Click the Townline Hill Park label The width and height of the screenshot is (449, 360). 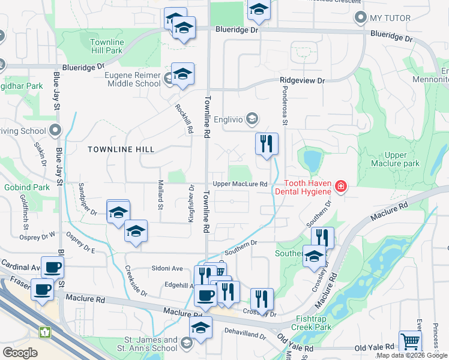(x=106, y=47)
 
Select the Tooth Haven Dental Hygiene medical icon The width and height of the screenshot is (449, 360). (x=341, y=187)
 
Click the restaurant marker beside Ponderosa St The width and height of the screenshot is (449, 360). (x=267, y=144)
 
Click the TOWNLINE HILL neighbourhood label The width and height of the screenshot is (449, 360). (x=121, y=149)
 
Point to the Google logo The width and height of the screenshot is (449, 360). (x=19, y=352)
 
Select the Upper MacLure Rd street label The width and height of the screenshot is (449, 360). (x=239, y=184)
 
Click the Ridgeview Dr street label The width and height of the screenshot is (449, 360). (x=302, y=80)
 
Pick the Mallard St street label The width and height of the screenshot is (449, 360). (x=160, y=195)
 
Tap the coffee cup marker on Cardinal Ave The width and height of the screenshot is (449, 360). (x=52, y=267)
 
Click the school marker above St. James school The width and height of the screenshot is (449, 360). (x=200, y=328)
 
